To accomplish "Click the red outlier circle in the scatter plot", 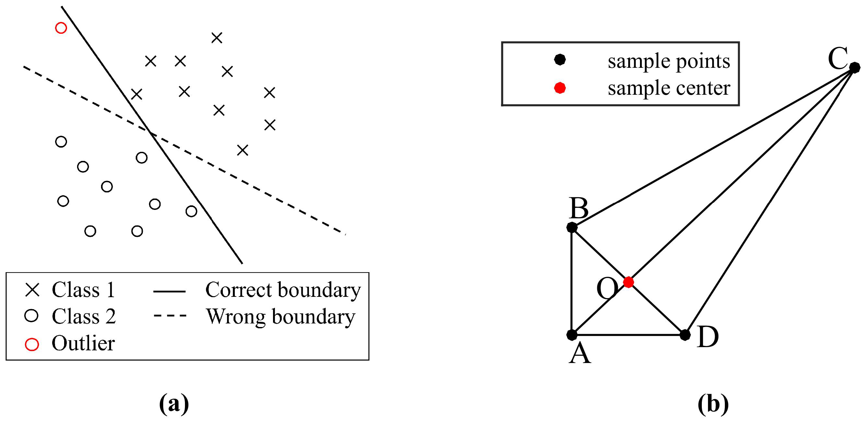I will [x=61, y=28].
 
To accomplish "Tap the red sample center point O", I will [x=628, y=282].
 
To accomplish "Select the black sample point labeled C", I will [x=855, y=67].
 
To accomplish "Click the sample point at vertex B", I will [x=572, y=227].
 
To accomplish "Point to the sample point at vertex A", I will [x=572, y=335].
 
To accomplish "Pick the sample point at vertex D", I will [x=685, y=335].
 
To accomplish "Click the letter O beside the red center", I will [x=607, y=289].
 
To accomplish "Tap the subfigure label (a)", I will [x=174, y=404].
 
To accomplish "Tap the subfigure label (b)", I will [x=713, y=404].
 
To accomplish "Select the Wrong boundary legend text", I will [x=280, y=317].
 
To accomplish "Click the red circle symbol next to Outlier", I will [x=32, y=344].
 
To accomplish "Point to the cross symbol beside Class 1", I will [x=32, y=290].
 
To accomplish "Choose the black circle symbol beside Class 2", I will [x=31, y=316].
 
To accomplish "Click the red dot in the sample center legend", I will [x=560, y=88].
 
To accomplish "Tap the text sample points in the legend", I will [x=669, y=61].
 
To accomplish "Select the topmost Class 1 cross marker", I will [x=217, y=38].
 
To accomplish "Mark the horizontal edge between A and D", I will [x=628, y=335].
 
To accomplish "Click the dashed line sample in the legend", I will [x=170, y=316].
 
